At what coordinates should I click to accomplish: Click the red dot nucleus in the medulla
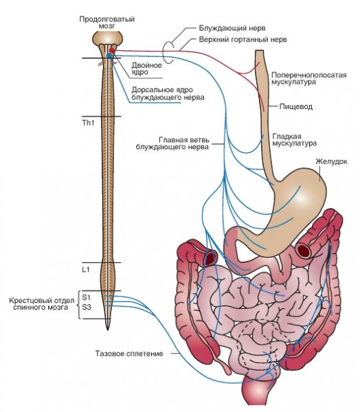coord(112,50)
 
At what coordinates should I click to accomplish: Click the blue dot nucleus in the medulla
coord(109,56)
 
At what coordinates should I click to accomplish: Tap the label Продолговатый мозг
coord(107,23)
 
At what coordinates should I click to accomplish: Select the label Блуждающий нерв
coord(232,28)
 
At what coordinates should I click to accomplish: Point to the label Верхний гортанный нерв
coord(243,39)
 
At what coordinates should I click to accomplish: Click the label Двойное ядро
coord(146,69)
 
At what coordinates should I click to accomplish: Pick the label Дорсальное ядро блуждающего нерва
coord(168,93)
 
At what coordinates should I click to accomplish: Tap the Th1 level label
coord(89,123)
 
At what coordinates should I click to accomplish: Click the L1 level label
coord(86,269)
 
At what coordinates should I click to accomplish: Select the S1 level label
coord(86,297)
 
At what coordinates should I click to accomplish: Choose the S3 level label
coord(87,307)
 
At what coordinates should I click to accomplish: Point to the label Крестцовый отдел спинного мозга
coord(42,304)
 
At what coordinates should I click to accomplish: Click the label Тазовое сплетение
coord(129,354)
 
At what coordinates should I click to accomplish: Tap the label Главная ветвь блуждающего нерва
coord(172,144)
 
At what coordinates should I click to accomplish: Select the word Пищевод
coord(296,106)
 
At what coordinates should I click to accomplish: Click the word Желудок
coord(331,161)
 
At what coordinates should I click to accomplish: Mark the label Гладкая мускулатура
coord(295,140)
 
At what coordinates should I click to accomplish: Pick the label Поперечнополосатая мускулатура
coord(309,78)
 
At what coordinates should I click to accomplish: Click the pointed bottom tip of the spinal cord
coord(108,330)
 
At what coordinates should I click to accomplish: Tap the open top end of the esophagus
coord(259,50)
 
